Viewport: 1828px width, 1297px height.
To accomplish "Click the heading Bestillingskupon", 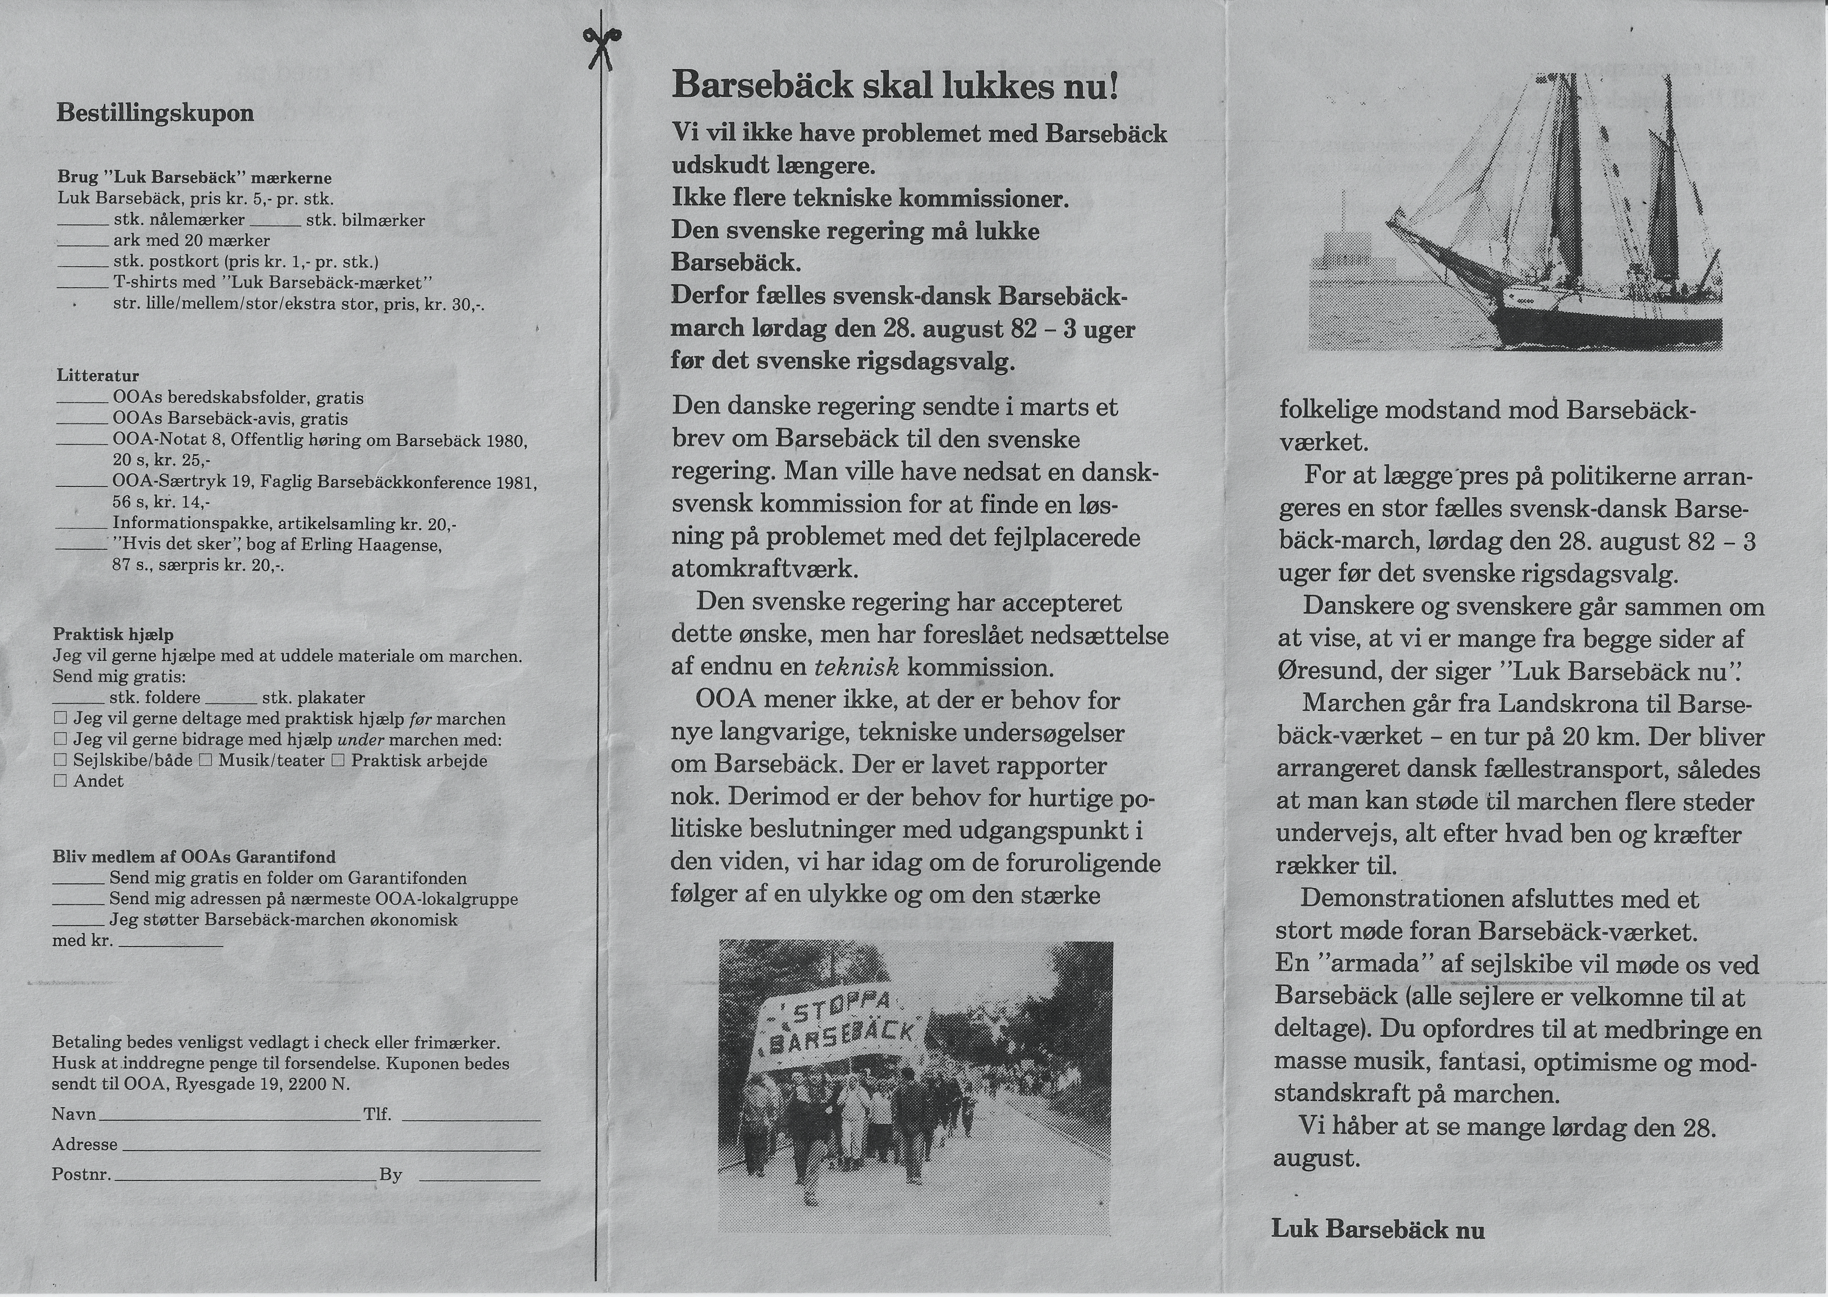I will pyautogui.click(x=155, y=112).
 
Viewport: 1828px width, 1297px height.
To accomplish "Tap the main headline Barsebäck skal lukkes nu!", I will pyautogui.click(x=895, y=85).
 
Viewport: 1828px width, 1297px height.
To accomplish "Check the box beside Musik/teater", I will pyautogui.click(x=205, y=761).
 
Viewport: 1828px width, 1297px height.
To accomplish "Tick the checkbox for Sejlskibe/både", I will pyautogui.click(x=60, y=761).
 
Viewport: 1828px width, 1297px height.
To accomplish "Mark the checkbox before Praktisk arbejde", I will pyautogui.click(x=338, y=761).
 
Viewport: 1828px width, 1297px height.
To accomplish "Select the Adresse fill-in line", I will pyautogui.click(x=331, y=1148).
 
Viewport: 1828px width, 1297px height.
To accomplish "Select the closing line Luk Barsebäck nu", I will pyautogui.click(x=1377, y=1229).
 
